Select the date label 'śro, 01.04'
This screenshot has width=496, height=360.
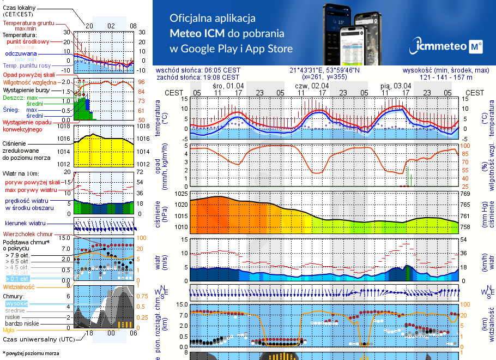click(228, 86)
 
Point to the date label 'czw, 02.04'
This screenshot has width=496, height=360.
click(312, 86)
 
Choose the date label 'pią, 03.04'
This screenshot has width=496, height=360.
click(396, 86)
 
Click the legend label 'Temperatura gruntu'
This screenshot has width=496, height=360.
click(28, 23)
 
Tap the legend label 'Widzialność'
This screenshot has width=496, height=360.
click(19, 286)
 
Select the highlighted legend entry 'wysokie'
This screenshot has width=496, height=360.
click(16, 303)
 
